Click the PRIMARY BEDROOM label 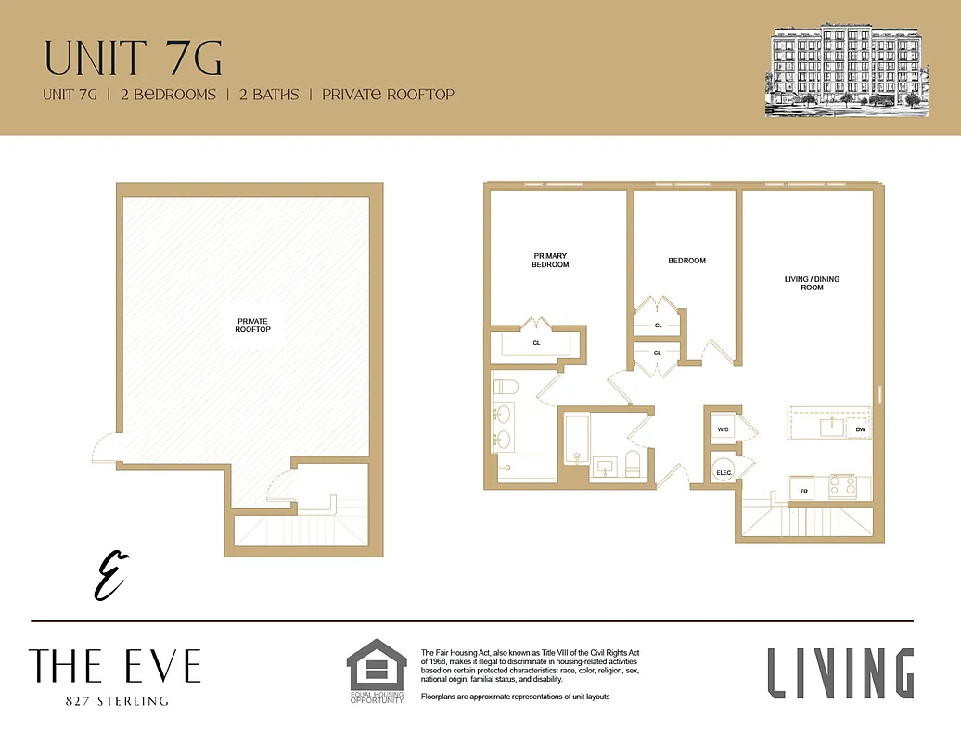(x=550, y=261)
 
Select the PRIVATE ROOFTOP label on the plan (x=253, y=326)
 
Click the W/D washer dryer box (x=724, y=430)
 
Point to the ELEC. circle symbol (x=724, y=471)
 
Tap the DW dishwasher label (x=860, y=429)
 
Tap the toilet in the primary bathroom (x=503, y=387)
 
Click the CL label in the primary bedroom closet (x=536, y=343)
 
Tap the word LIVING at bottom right (x=840, y=673)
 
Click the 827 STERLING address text (x=113, y=701)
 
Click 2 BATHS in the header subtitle (x=269, y=95)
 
